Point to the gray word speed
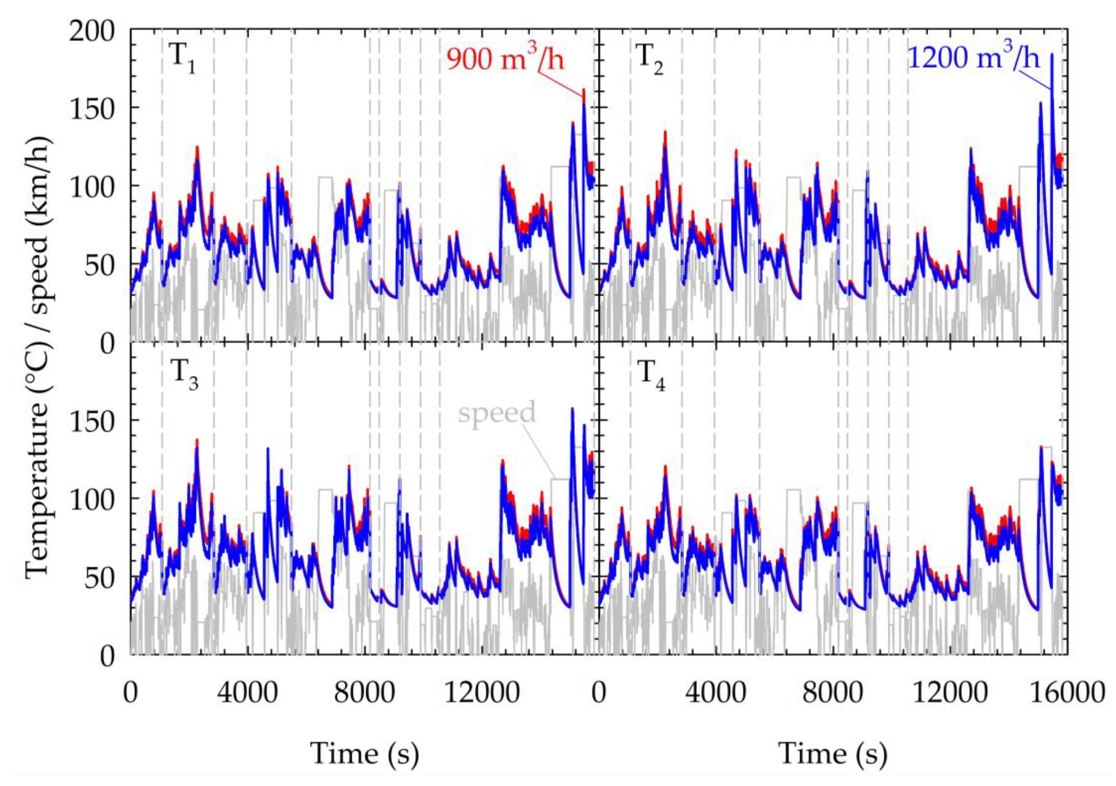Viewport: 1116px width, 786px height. [x=497, y=412]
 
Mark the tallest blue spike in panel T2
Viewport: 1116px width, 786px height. [x=1052, y=55]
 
